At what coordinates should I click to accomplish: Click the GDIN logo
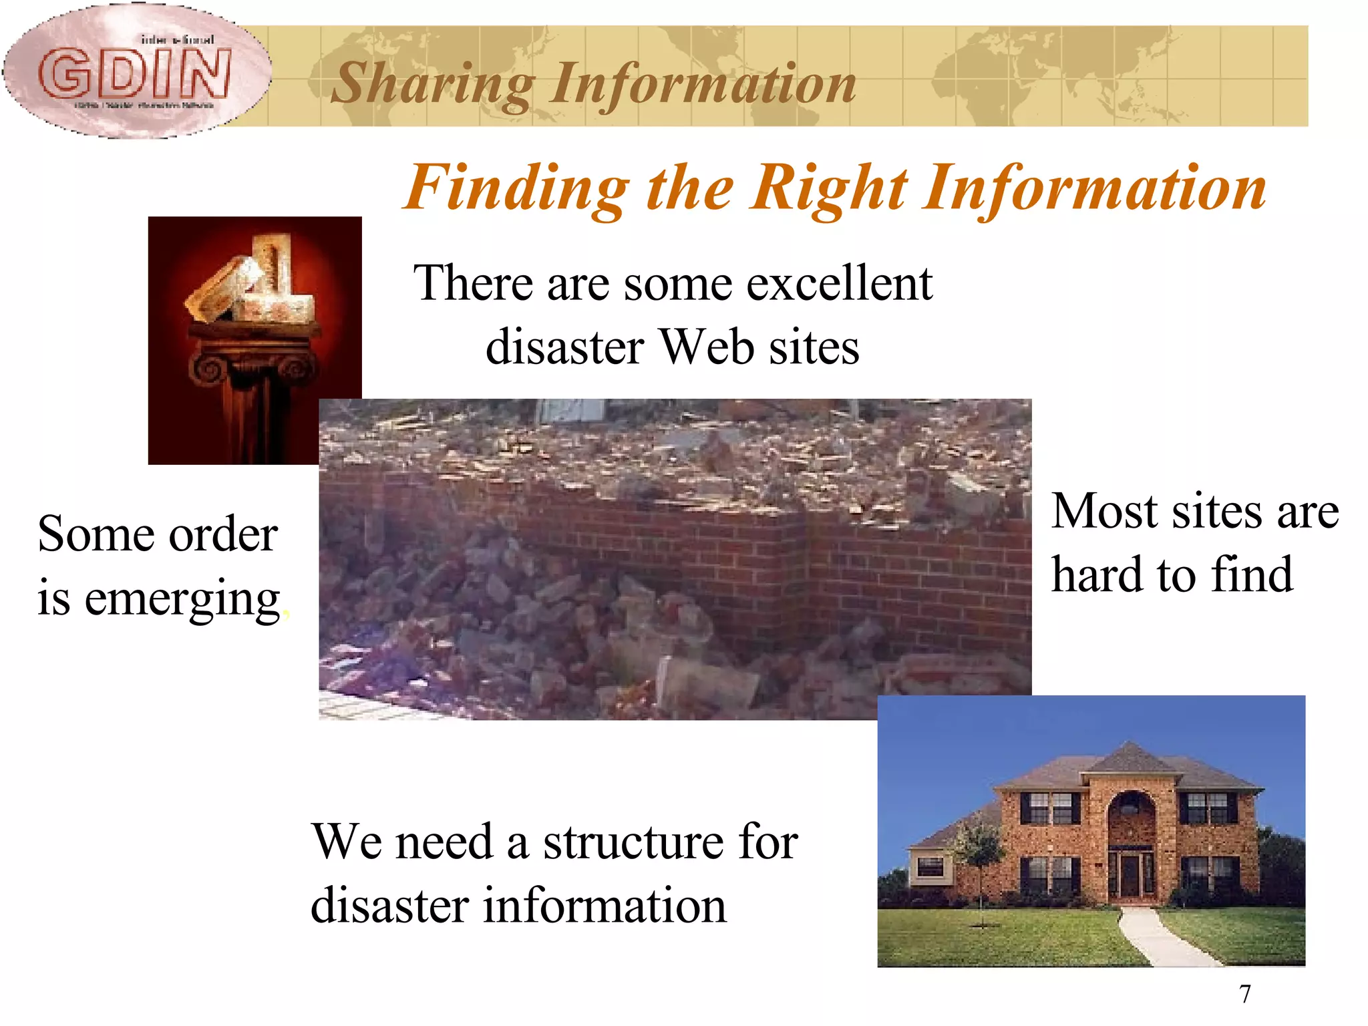click(x=137, y=72)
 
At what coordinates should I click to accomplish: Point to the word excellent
click(x=839, y=283)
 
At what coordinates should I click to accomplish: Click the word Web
click(x=707, y=347)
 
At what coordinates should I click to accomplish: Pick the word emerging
click(x=182, y=598)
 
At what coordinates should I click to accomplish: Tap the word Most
click(x=1105, y=512)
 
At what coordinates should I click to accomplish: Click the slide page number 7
click(x=1245, y=994)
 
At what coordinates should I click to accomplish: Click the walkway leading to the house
click(x=1162, y=935)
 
